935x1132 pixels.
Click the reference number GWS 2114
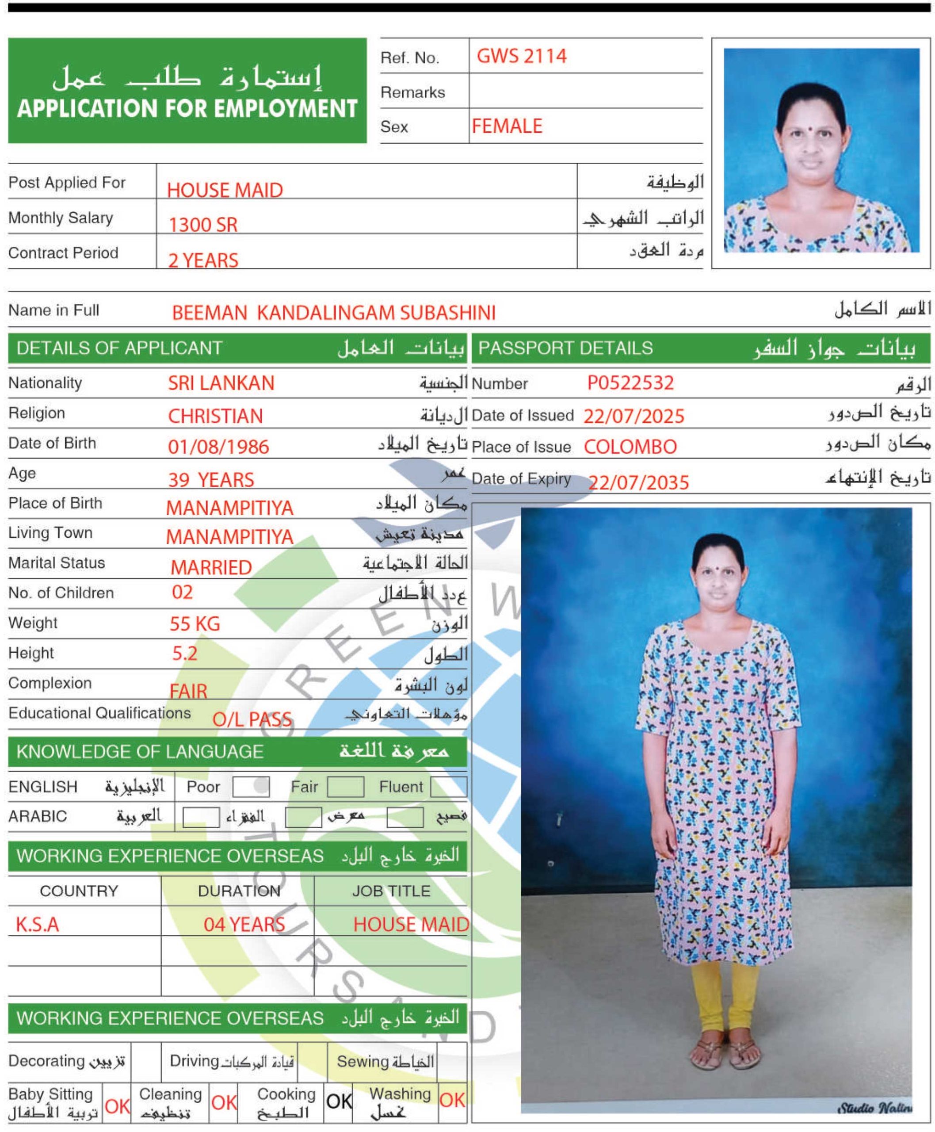point(521,56)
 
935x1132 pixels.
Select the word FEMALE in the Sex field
point(507,126)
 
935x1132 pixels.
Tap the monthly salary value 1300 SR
point(203,225)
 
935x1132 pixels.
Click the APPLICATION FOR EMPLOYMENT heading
point(187,108)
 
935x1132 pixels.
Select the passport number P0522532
point(630,382)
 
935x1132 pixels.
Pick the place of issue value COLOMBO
point(630,447)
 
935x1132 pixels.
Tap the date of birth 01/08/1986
point(218,447)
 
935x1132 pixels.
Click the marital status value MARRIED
point(211,567)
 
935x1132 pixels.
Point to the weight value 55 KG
point(195,624)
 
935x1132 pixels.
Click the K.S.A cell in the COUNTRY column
point(37,925)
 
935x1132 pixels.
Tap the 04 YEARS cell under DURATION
point(244,925)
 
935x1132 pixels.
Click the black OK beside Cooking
point(339,1101)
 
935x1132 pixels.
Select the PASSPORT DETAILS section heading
point(565,348)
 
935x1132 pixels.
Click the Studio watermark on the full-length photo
point(874,1108)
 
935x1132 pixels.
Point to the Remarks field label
point(412,92)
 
